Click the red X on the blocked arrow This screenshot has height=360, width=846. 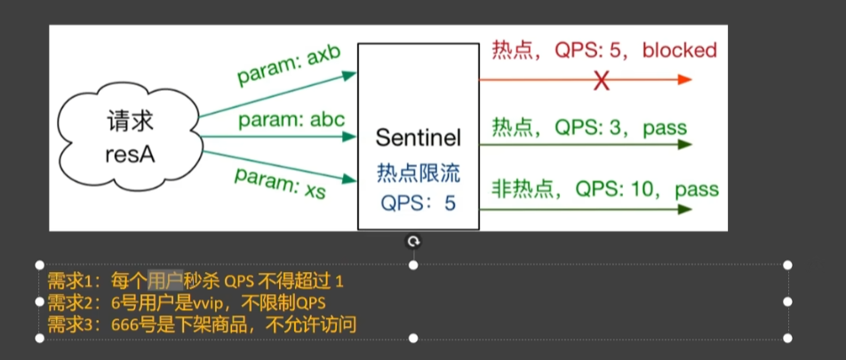tap(602, 80)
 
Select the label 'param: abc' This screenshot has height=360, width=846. tap(291, 118)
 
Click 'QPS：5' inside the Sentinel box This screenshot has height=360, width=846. tap(418, 203)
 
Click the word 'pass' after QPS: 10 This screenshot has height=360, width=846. tap(696, 189)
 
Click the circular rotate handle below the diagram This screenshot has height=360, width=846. tap(413, 242)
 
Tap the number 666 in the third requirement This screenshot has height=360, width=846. tap(126, 324)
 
